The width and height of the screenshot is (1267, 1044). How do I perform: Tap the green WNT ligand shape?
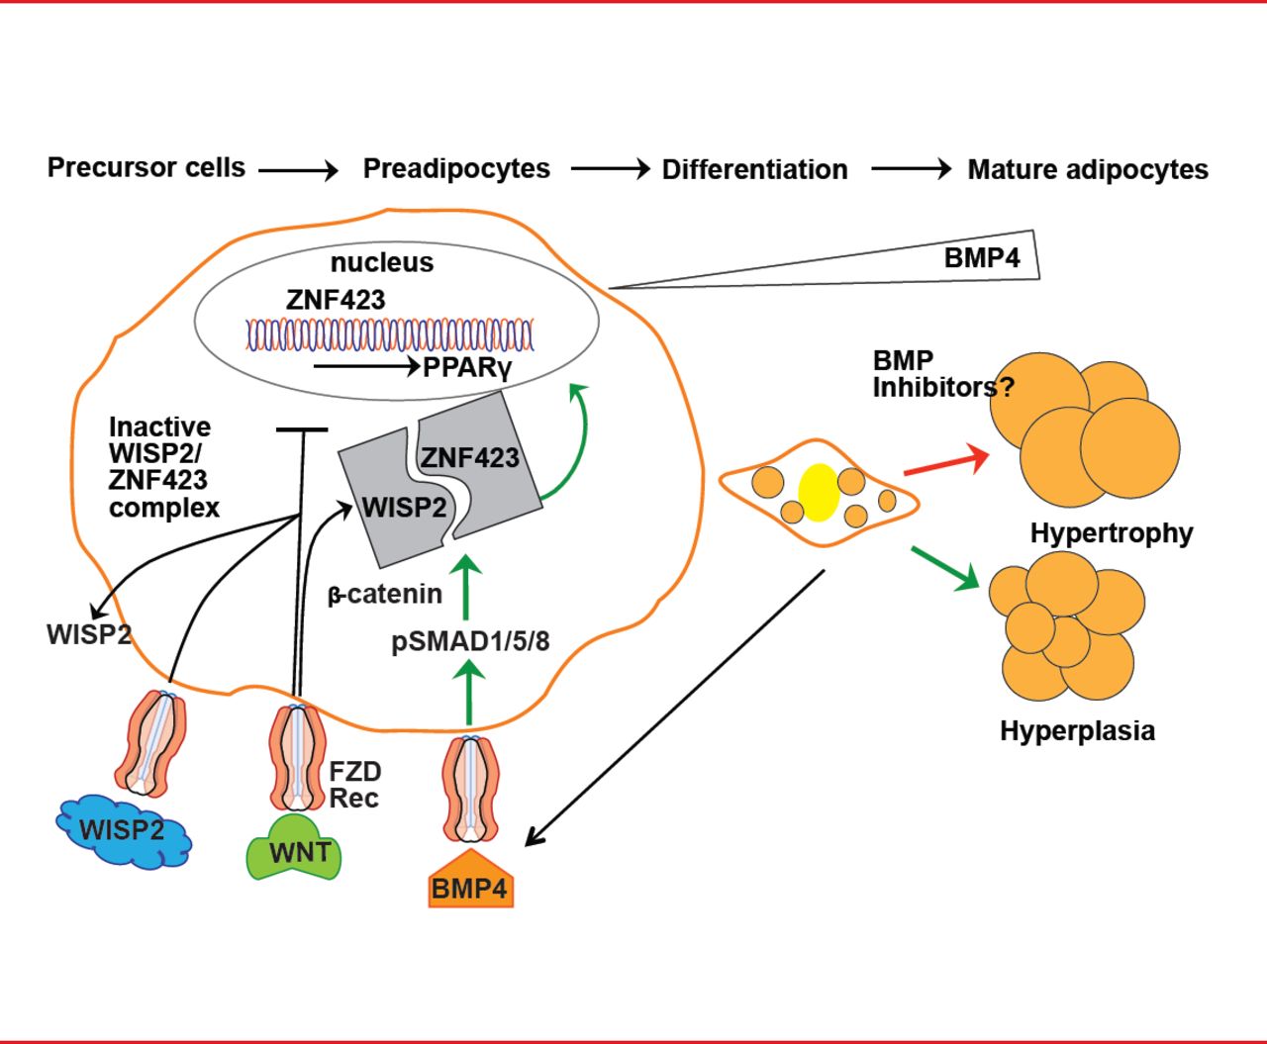(x=293, y=849)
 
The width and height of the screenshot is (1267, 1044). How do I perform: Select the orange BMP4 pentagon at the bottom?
(x=471, y=882)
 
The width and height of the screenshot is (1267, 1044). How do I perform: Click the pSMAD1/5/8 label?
(x=470, y=641)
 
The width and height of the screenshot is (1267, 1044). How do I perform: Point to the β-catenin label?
(x=385, y=595)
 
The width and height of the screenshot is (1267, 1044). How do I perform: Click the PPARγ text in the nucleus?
(x=467, y=368)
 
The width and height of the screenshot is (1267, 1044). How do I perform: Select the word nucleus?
(x=382, y=262)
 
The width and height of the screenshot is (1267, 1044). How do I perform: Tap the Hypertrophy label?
(x=1112, y=533)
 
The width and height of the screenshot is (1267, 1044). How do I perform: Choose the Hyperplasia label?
(x=1077, y=731)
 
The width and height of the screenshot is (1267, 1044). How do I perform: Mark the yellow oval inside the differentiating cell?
(x=819, y=493)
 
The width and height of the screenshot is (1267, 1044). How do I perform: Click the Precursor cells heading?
(x=146, y=167)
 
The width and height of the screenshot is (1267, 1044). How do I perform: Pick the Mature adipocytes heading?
(x=1088, y=169)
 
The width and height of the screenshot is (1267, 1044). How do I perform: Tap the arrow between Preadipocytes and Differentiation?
(x=610, y=170)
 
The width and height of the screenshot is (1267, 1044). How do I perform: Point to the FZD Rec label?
(x=355, y=785)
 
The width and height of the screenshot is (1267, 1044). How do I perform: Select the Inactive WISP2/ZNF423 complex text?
(x=163, y=467)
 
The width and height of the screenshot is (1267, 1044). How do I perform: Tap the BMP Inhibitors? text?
(x=942, y=374)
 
